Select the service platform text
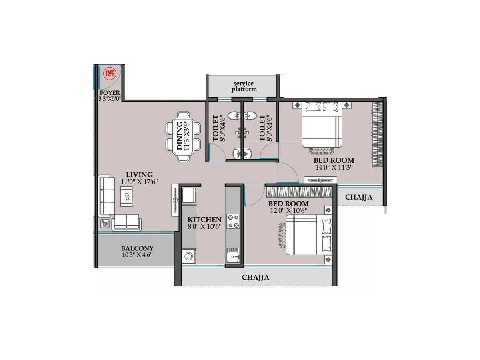click(x=244, y=86)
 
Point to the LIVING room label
click(x=139, y=175)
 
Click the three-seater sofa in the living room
click(x=106, y=196)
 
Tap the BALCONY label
click(x=137, y=248)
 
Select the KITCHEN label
click(x=204, y=220)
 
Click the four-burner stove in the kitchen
click(x=233, y=222)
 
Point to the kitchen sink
click(x=232, y=255)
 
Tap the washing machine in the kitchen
click(x=188, y=256)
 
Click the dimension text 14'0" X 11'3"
click(x=334, y=168)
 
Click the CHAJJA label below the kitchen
click(x=255, y=277)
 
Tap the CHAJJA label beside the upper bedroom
click(x=358, y=197)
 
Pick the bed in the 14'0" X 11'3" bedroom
click(x=322, y=125)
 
